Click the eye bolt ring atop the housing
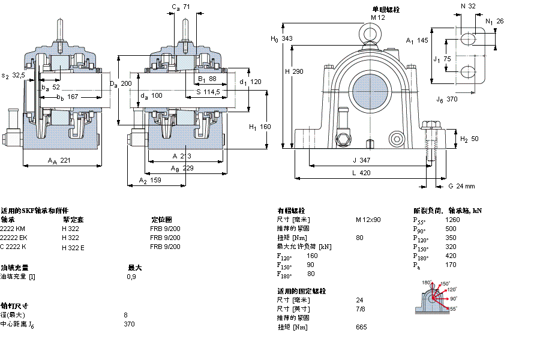coord(368,31)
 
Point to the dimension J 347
coord(362,160)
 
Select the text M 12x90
coord(368,220)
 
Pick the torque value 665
coord(361,327)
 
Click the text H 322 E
coord(73,247)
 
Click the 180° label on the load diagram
coord(426,283)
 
